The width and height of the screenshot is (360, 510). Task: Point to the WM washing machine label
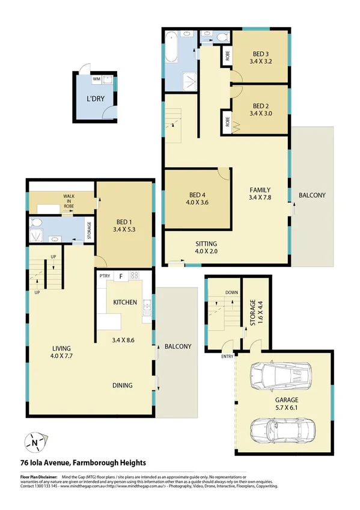tap(96, 79)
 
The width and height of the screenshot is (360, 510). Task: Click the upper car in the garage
tap(279, 376)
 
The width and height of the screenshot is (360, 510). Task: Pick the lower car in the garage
tap(279, 431)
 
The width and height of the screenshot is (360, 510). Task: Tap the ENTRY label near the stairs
tap(227, 357)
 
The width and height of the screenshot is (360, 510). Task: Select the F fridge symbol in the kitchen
tap(121, 277)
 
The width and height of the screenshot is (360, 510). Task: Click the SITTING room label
tap(206, 244)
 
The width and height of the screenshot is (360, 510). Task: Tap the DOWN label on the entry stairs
tap(231, 293)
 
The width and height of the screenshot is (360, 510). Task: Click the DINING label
tap(122, 386)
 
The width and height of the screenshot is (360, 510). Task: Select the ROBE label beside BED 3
tap(228, 57)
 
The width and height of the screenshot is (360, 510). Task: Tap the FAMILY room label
tap(260, 189)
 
